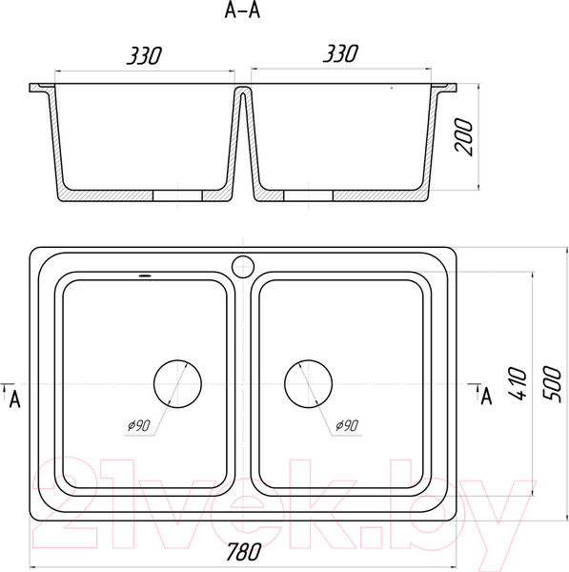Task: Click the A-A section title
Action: click(242, 10)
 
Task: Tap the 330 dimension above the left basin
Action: click(144, 56)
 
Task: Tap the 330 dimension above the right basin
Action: click(340, 53)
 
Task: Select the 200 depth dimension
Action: click(463, 136)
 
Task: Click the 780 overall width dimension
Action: click(244, 551)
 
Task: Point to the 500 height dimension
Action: click(552, 384)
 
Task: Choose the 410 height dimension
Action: click(518, 383)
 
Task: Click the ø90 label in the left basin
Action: click(138, 425)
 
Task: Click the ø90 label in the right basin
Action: click(347, 425)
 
